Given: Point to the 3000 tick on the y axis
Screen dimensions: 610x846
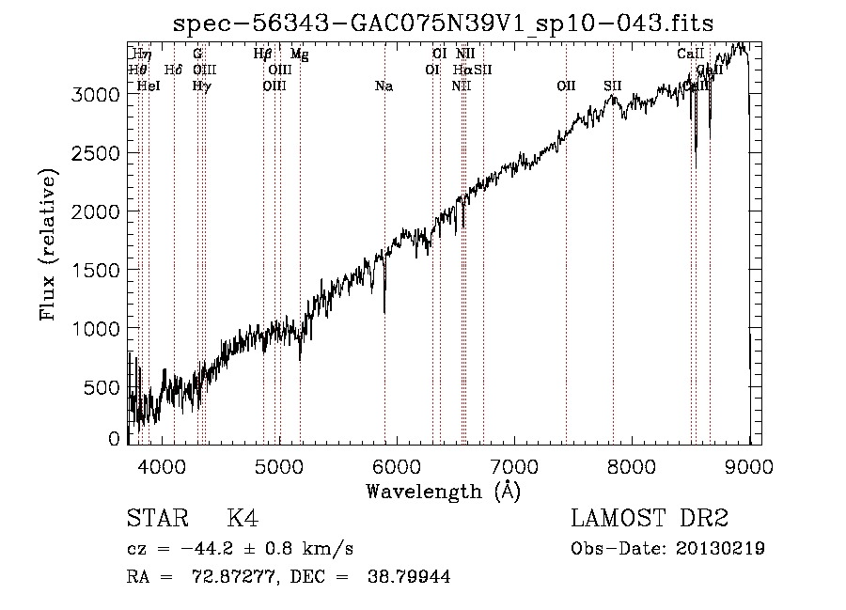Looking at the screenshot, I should point(98,95).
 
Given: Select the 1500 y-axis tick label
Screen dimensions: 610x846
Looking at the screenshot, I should point(98,271).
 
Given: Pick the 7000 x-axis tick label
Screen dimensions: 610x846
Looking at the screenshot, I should point(514,464).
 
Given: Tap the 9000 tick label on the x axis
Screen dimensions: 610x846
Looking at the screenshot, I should point(749,464).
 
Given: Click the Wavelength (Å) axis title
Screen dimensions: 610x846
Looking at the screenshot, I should point(443,490).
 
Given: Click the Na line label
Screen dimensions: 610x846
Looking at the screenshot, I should point(384,86).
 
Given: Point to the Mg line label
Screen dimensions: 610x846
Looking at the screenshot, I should point(300,55).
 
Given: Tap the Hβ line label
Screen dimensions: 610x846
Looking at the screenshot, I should point(263,55).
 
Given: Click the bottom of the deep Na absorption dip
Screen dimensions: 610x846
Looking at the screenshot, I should point(384,311).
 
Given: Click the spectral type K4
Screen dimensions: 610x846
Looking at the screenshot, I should point(243,519).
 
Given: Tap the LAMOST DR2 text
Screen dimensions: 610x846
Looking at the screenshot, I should point(650,519).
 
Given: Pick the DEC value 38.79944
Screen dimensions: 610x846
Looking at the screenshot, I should point(410,577).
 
